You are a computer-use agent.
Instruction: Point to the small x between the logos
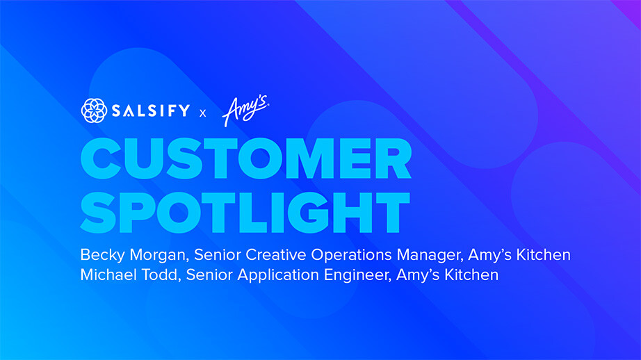pos(203,113)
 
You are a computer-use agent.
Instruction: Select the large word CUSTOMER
pos(246,161)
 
